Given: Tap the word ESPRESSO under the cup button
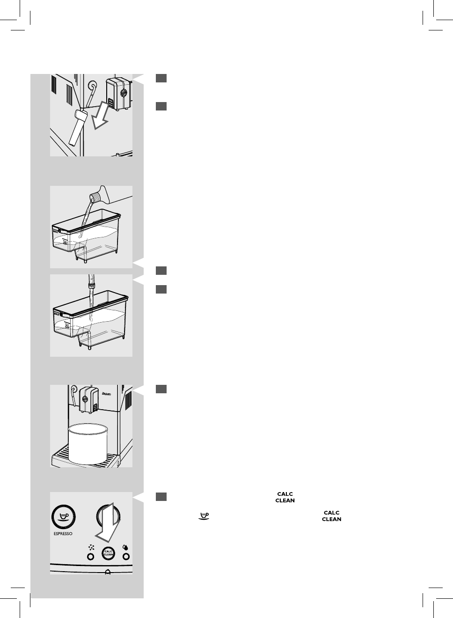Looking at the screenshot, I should click(63, 534).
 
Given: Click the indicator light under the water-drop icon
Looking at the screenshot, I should click(126, 557).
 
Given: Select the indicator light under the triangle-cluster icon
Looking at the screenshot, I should click(91, 557).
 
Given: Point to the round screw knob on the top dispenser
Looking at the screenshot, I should click(124, 93).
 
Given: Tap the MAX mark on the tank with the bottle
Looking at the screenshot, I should click(56, 230).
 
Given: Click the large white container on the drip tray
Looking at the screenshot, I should click(89, 443).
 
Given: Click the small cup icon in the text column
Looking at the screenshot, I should click(204, 516).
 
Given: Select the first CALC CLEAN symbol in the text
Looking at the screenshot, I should click(285, 497).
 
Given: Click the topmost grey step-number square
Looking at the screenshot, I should click(161, 78).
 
